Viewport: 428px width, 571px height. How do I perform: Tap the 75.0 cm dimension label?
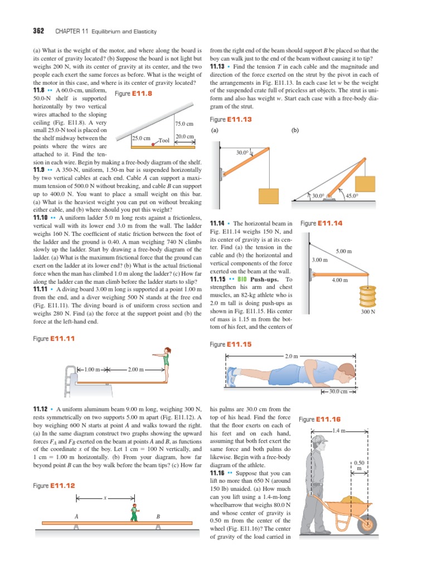click(184, 124)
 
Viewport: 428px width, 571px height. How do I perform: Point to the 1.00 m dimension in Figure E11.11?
click(92, 369)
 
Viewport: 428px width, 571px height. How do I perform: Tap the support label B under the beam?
click(158, 517)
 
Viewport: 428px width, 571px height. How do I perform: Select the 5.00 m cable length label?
click(344, 252)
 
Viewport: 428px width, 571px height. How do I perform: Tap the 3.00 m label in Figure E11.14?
click(319, 260)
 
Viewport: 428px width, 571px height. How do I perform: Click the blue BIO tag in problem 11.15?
click(242, 279)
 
